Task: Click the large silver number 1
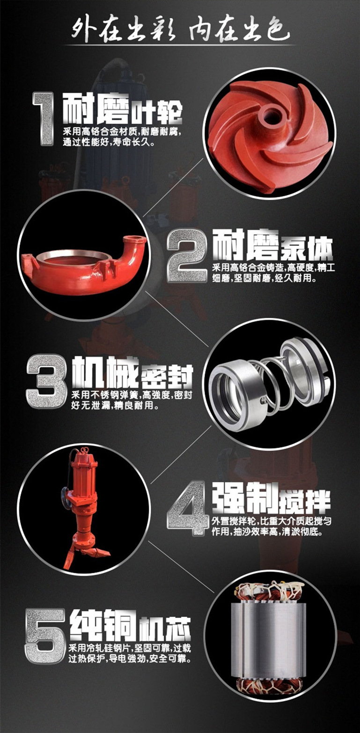click(x=43, y=118)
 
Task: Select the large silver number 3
click(x=46, y=381)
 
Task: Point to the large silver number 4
click(x=187, y=508)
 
